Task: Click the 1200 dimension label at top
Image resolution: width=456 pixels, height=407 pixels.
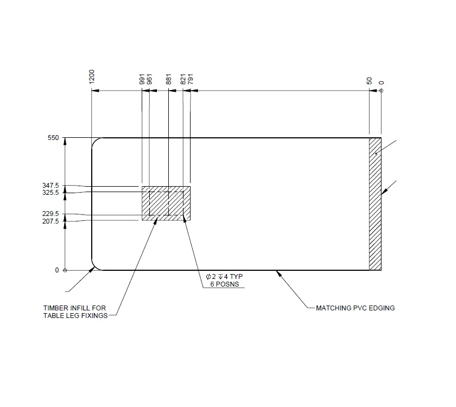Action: (92, 77)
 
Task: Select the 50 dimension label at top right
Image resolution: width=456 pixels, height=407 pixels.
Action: (369, 81)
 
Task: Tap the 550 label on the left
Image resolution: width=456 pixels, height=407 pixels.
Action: (53, 138)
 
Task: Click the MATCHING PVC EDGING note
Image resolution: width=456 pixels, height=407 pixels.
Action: (355, 308)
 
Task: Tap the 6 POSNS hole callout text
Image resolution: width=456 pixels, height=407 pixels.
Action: (224, 284)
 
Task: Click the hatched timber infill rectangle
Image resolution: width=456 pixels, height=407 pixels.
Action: (166, 203)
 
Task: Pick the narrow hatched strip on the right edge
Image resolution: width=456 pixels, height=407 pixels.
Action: (375, 204)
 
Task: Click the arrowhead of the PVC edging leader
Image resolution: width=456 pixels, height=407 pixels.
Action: (278, 272)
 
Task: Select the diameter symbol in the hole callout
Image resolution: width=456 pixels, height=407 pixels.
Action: (208, 277)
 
